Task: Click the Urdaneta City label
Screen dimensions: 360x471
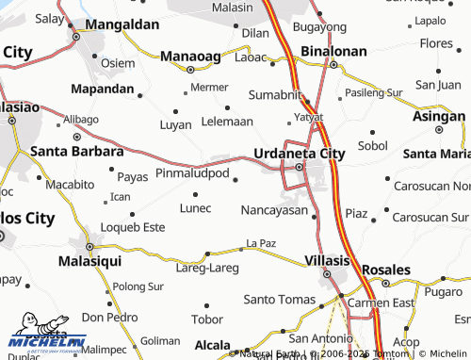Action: point(300,152)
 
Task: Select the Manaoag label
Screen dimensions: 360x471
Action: point(192,56)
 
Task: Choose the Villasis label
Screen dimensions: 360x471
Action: point(328,259)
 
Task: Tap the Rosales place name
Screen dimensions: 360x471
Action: point(386,269)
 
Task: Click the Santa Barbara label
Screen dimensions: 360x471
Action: point(77,151)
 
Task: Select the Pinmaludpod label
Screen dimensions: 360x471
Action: point(192,174)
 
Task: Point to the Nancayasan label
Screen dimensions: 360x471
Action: point(274,210)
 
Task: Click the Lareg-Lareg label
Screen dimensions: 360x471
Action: point(207,268)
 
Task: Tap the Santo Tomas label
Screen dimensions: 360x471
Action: point(279,300)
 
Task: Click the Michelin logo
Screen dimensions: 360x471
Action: point(47,336)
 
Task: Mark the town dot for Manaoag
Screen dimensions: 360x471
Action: point(191,69)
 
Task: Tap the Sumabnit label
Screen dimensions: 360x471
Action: point(275,95)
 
